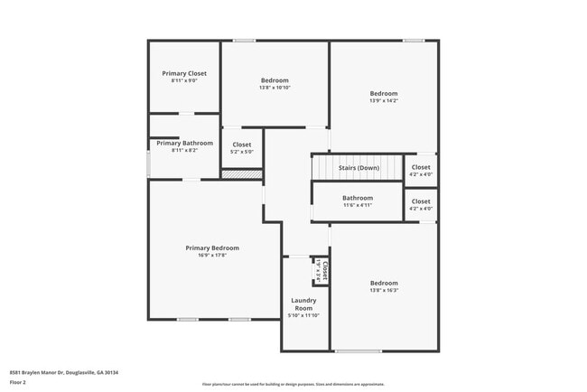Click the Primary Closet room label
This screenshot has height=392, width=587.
tap(184, 73)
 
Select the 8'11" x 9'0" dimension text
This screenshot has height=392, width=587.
tap(184, 81)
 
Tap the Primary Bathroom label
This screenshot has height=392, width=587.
tap(184, 143)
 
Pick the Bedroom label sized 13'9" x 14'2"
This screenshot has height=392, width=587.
tap(383, 93)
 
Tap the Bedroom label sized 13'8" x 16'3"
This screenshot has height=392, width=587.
tap(383, 283)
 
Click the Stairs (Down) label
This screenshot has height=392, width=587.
tap(359, 168)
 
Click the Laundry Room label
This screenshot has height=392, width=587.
tap(303, 303)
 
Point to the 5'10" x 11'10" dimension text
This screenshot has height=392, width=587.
tap(303, 315)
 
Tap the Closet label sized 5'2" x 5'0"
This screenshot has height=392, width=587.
tap(242, 145)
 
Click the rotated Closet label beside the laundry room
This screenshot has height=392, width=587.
tap(322, 269)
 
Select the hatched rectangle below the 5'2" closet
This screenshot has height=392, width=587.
tap(241, 173)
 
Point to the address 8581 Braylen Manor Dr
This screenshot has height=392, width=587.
tap(64, 372)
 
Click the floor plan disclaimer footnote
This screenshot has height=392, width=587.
tap(293, 384)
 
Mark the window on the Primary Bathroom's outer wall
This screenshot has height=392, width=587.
tap(148, 164)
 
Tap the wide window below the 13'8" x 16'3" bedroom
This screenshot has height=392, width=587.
tap(358, 351)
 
